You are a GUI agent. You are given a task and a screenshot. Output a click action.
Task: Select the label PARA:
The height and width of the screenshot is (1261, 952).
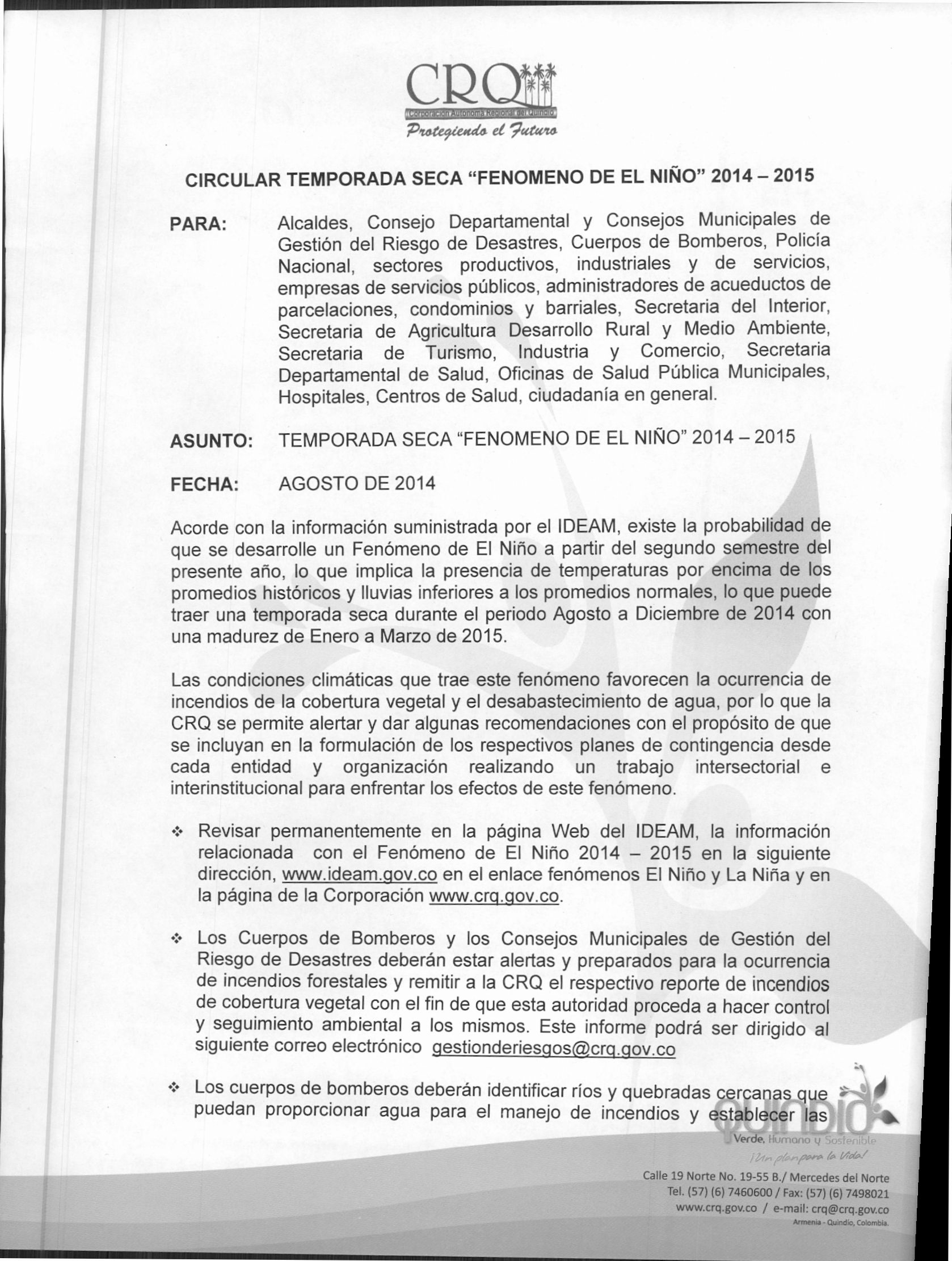(x=199, y=224)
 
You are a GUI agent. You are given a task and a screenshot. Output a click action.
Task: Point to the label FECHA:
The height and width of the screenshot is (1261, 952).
(x=203, y=485)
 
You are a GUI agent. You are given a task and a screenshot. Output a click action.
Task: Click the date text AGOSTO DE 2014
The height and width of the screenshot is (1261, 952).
(x=356, y=484)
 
